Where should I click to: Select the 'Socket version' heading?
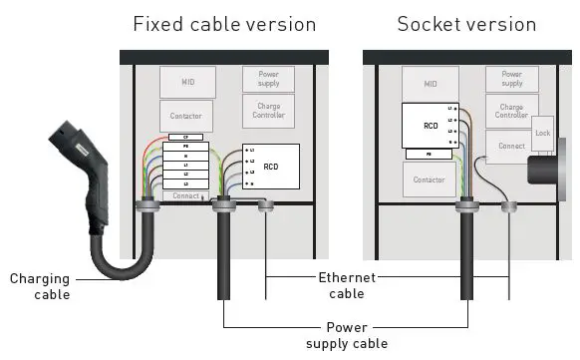click(465, 24)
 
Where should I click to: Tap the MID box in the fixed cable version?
click(186, 80)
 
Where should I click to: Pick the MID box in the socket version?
click(430, 84)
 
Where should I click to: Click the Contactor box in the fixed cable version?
click(186, 116)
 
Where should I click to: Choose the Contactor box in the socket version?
click(430, 180)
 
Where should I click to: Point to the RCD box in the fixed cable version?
click(269, 167)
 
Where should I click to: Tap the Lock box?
click(542, 133)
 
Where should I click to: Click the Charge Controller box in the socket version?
click(511, 110)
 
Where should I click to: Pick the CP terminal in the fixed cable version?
click(186, 137)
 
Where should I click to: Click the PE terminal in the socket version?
click(430, 155)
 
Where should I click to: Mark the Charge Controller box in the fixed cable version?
click(268, 110)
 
